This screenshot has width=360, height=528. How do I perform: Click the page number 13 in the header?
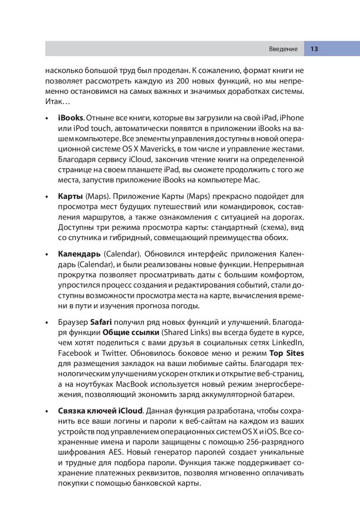(x=314, y=49)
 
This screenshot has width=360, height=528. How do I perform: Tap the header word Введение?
(x=283, y=49)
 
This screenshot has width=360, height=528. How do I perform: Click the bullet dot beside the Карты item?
(x=47, y=197)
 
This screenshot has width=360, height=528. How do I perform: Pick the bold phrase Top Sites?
(x=287, y=354)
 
